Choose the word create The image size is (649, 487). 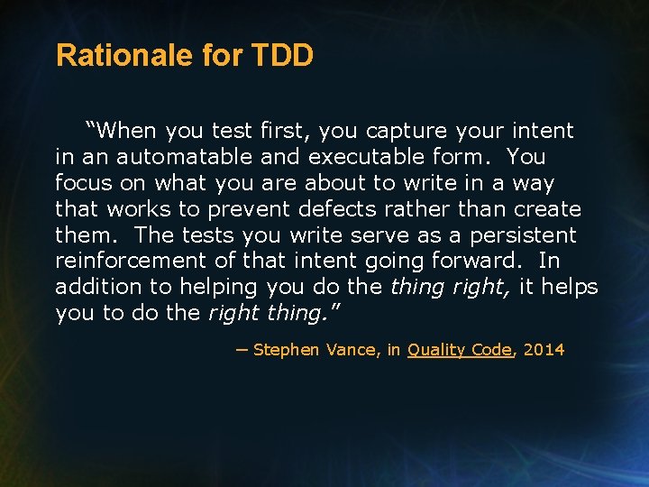[x=547, y=209]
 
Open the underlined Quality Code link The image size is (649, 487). [x=459, y=350]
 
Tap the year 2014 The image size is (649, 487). [x=543, y=350]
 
